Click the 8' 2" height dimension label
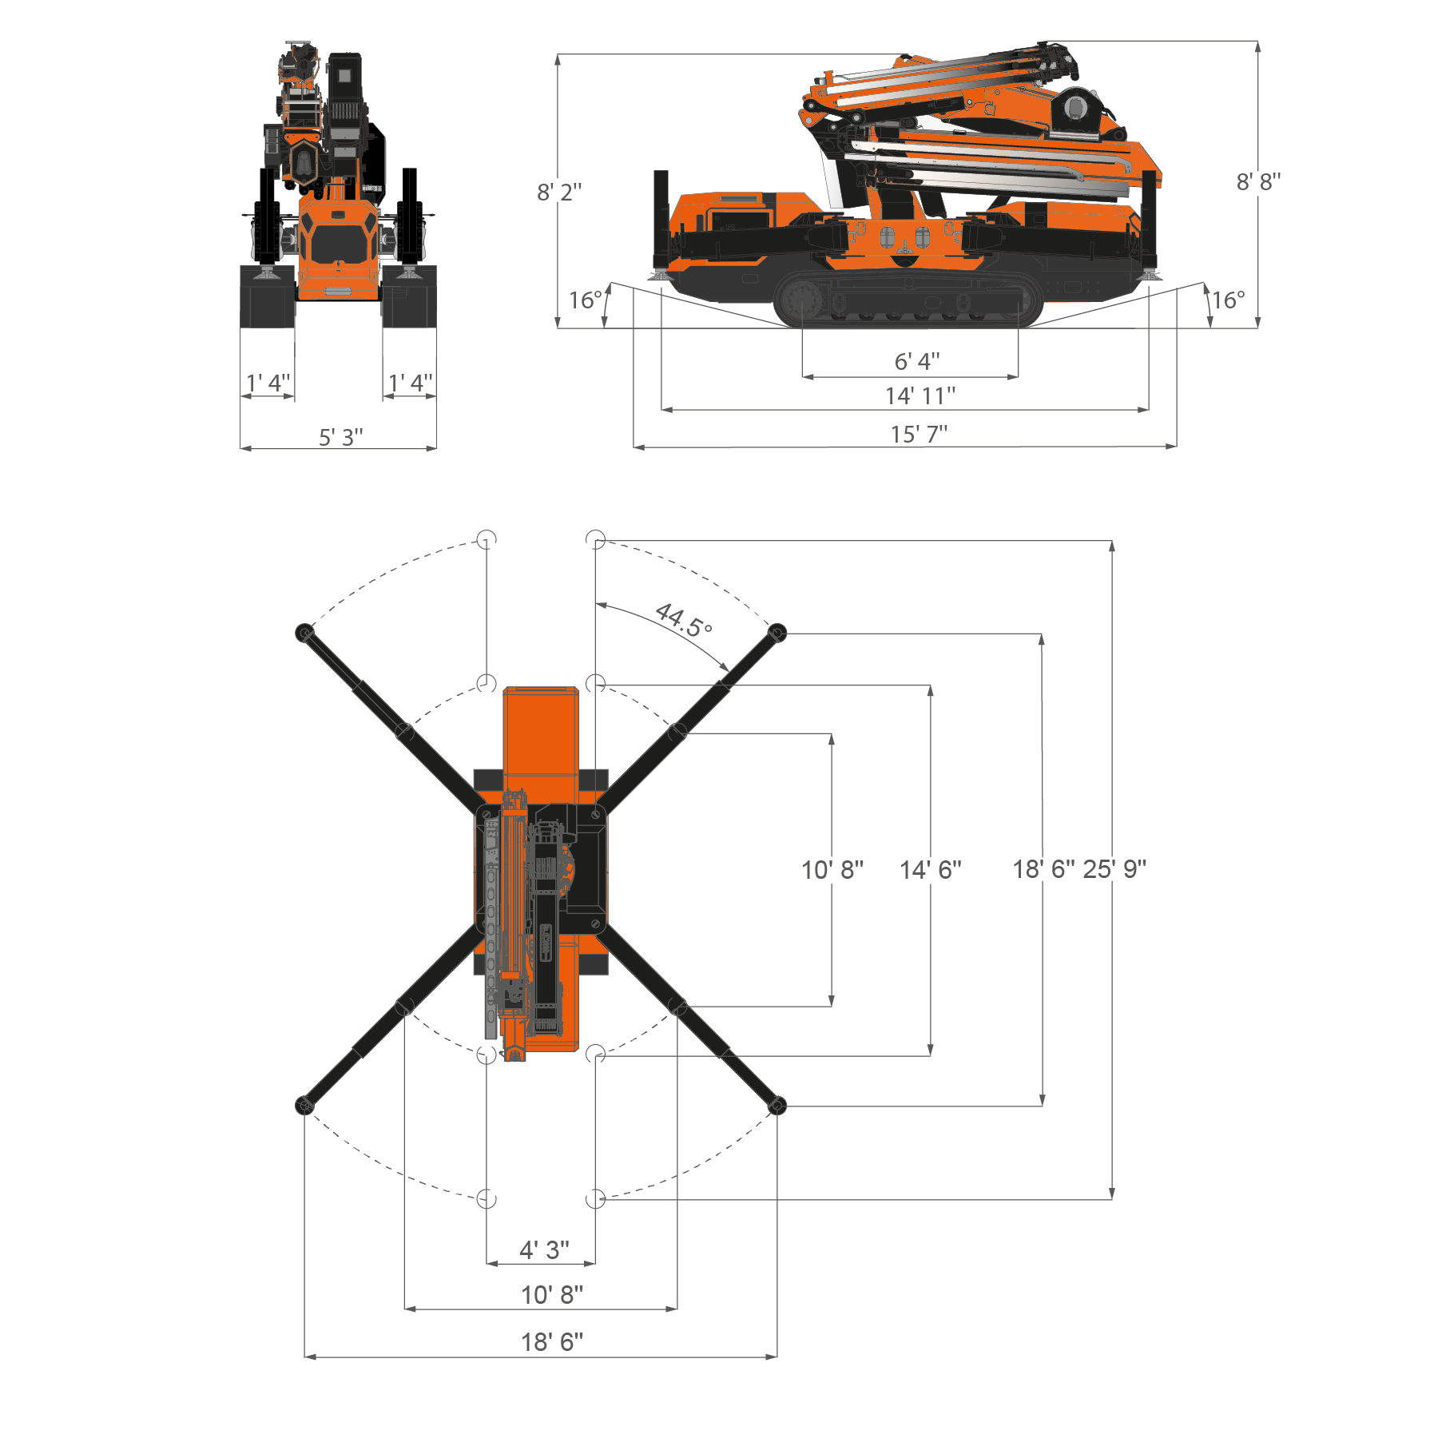pos(559,193)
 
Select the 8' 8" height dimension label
pos(1258,182)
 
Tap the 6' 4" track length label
pos(917,362)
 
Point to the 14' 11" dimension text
pos(920,396)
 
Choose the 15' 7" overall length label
pos(920,435)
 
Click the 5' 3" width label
pos(341,438)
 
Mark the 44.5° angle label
pos(683,620)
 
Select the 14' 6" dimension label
pos(931,869)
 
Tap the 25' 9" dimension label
pos(1114,869)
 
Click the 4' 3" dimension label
pos(544,1250)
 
